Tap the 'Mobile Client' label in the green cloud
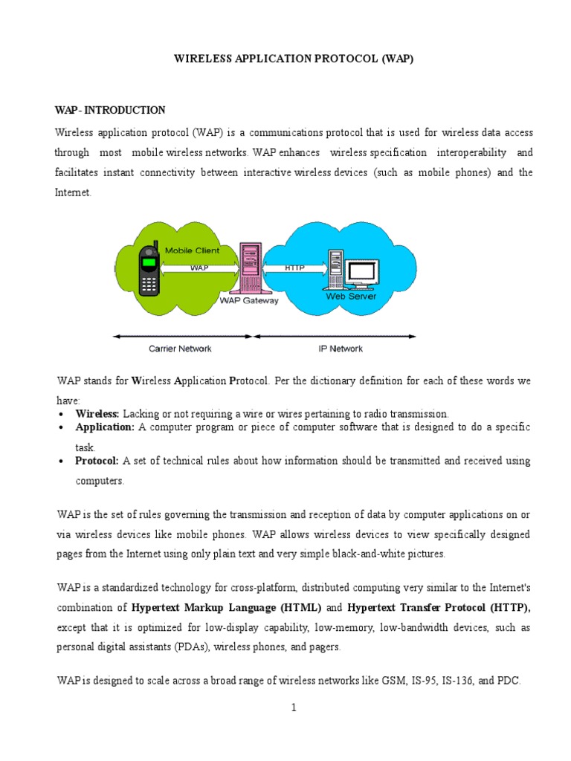[192, 250]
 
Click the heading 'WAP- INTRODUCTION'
[110, 110]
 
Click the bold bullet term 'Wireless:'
[98, 413]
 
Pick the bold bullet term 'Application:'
[105, 427]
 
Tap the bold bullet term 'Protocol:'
[97, 461]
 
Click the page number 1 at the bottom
[294, 707]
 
